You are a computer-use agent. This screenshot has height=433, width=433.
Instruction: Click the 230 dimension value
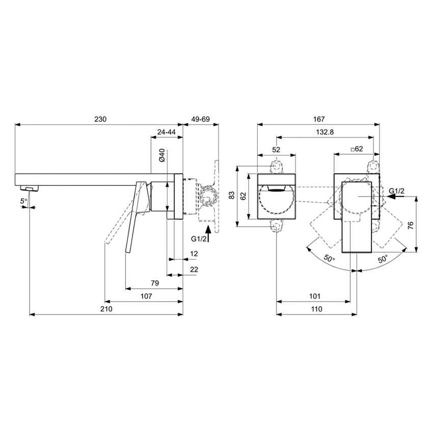pyautogui.click(x=100, y=119)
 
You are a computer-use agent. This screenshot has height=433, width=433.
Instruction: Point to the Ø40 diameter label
pyautogui.click(x=162, y=155)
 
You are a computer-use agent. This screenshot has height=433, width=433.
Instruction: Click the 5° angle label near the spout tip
pyautogui.click(x=23, y=202)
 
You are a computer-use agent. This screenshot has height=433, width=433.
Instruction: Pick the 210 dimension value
pyautogui.click(x=106, y=309)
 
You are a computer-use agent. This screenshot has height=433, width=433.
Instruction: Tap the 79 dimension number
pyautogui.click(x=155, y=283)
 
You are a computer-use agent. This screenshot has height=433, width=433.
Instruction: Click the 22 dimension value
pyautogui.click(x=194, y=269)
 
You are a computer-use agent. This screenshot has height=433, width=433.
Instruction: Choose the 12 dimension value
pyautogui.click(x=194, y=253)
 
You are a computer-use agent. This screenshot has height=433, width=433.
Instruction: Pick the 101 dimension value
pyautogui.click(x=314, y=296)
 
